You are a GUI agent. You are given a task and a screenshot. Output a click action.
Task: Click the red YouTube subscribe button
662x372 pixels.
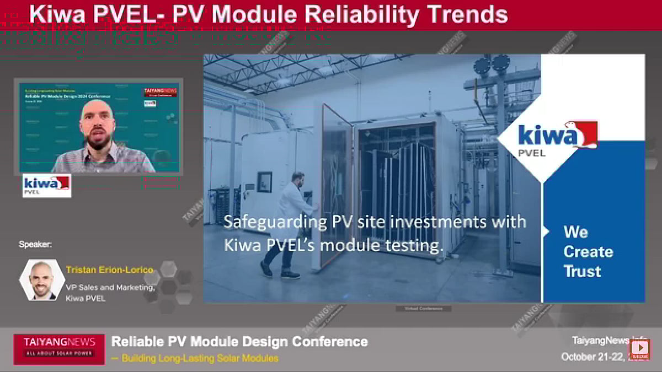click(640, 348)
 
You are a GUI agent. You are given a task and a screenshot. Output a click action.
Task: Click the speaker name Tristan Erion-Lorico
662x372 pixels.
click(109, 270)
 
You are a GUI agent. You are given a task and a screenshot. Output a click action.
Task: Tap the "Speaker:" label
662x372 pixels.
click(35, 244)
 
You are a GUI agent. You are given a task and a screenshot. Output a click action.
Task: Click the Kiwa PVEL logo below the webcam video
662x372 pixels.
click(46, 186)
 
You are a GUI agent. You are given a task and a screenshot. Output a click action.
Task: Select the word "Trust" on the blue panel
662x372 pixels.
click(582, 271)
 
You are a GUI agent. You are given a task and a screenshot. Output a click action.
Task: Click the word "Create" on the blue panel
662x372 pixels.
click(588, 251)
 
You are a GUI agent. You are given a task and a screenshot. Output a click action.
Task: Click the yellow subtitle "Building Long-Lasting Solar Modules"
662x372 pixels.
click(200, 358)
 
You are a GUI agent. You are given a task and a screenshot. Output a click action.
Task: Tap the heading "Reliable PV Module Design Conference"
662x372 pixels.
click(239, 341)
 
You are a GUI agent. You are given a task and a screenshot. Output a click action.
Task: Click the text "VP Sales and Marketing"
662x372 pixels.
click(110, 288)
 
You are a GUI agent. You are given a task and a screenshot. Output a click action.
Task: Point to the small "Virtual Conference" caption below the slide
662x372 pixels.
click(424, 309)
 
